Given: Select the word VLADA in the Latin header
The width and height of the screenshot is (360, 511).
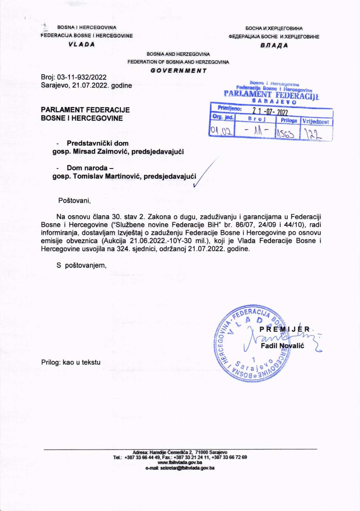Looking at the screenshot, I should pos(82,44).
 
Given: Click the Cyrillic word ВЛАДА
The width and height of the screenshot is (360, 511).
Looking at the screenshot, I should pos(274,46).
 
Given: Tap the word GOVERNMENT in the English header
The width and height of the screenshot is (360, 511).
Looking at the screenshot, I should pos(179,71).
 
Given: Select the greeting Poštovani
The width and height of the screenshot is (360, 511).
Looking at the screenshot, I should pos(75,201).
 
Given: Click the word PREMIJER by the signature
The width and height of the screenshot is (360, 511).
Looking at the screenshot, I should pos(285,329).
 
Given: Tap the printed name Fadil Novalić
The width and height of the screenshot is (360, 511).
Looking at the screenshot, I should pos(282,346).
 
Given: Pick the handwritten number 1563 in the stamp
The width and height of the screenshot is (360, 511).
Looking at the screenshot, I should pos(286,133).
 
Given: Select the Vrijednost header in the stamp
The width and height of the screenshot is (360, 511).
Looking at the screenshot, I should pos(316,121).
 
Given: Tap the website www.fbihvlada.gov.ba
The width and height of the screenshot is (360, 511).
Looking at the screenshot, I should pos(180,462).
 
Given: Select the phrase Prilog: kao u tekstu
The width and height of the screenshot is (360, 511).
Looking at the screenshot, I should pos(71,362).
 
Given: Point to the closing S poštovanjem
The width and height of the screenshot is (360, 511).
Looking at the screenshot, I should pos(81,265).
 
